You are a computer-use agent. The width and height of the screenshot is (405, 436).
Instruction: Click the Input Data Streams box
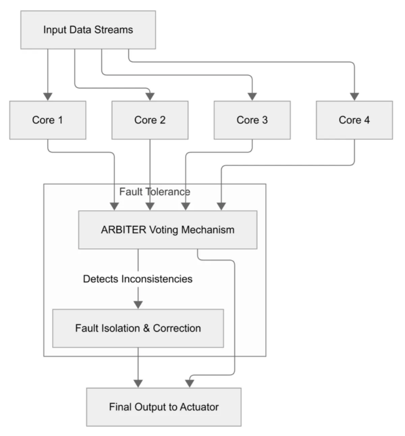(x=88, y=30)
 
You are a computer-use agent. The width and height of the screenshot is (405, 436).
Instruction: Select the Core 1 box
(x=48, y=120)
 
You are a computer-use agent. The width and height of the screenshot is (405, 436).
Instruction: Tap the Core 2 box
(x=150, y=120)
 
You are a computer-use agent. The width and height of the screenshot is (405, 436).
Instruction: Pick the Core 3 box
(x=252, y=120)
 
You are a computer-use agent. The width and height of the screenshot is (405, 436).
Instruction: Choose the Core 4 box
(x=354, y=120)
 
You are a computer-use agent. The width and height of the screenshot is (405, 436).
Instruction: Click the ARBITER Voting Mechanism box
(x=168, y=230)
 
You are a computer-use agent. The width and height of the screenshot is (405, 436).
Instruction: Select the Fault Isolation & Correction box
(x=138, y=328)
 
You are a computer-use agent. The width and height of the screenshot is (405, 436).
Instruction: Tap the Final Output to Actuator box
(x=164, y=407)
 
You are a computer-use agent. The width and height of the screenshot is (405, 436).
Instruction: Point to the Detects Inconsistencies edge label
(x=138, y=279)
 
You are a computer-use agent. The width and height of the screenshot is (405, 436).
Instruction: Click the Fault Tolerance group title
(x=155, y=192)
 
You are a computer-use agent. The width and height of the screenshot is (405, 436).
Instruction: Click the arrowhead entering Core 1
(x=48, y=97)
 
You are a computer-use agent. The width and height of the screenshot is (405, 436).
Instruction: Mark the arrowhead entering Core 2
(x=150, y=97)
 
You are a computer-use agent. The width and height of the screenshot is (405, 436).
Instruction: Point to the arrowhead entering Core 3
(x=252, y=97)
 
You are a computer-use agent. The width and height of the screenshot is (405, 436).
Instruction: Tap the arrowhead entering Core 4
(x=354, y=97)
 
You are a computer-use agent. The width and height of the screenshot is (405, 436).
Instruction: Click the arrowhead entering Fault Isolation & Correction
(x=138, y=305)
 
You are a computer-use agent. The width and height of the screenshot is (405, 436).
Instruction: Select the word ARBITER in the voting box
(x=124, y=230)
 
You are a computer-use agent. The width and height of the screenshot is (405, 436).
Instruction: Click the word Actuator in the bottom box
(x=199, y=407)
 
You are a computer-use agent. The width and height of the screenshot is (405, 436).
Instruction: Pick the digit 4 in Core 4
(x=367, y=120)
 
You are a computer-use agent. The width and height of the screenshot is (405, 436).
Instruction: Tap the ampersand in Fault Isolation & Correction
(x=146, y=328)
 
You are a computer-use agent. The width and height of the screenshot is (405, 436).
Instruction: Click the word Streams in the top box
(x=113, y=30)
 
